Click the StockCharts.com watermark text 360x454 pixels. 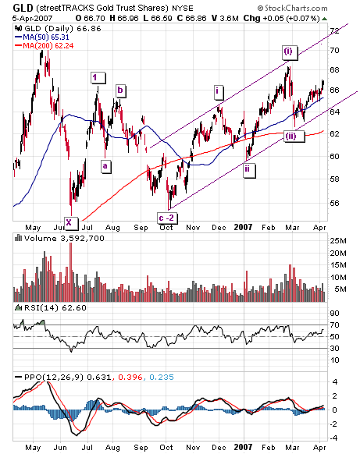tap(293, 8)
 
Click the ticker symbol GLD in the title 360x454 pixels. tap(23, 8)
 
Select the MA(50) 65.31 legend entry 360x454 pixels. tap(42, 37)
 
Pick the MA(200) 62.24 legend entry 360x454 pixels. tap(44, 46)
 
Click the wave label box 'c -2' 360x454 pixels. tap(167, 218)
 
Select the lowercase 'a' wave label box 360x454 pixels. tap(105, 166)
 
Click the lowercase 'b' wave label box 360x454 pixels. tap(120, 90)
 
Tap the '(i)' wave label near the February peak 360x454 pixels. tap(290, 52)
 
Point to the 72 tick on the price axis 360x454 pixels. tap(335, 30)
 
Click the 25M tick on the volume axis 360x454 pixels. tap(337, 240)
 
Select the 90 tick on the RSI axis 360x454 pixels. tap(334, 314)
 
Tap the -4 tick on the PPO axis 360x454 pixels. tap(333, 438)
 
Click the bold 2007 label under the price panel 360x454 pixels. tap(243, 227)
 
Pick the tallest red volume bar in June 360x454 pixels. tap(70, 272)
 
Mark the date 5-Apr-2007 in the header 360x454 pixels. tap(33, 19)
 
